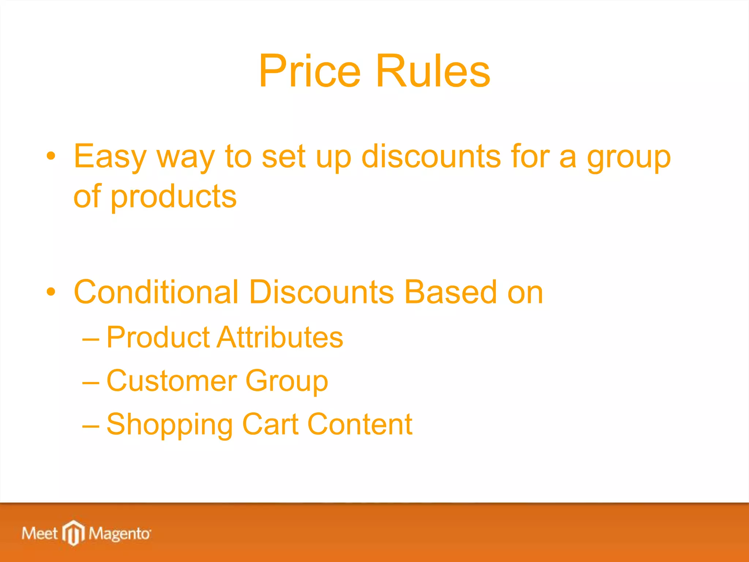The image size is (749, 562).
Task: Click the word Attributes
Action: pos(280,337)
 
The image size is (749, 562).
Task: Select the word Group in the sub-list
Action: pos(287,381)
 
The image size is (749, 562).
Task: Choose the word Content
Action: pos(360,424)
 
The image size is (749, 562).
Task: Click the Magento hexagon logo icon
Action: pos(74,533)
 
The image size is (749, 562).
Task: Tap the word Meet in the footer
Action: pos(39,533)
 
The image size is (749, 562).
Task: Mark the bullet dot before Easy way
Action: pos(51,156)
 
